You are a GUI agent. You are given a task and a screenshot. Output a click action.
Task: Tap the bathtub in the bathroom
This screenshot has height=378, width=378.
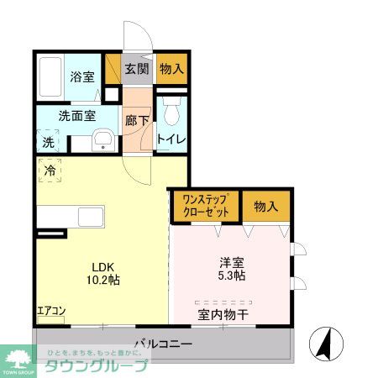(x=53, y=76)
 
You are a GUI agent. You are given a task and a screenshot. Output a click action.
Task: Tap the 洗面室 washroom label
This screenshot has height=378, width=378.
(x=76, y=117)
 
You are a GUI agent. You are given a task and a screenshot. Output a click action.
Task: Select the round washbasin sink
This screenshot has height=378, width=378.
(x=103, y=140)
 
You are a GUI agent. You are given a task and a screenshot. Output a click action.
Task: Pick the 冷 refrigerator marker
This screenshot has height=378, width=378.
(x=50, y=171)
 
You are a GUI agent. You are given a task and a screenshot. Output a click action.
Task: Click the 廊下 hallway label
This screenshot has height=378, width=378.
(x=137, y=120)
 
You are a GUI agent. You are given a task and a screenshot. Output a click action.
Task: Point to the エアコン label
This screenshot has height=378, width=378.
(x=50, y=311)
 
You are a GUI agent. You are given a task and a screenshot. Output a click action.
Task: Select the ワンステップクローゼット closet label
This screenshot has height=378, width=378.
(x=205, y=204)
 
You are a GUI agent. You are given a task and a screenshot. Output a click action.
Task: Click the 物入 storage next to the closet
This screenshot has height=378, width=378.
(x=266, y=205)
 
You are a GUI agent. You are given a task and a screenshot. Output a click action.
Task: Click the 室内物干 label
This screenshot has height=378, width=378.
(x=223, y=316)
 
